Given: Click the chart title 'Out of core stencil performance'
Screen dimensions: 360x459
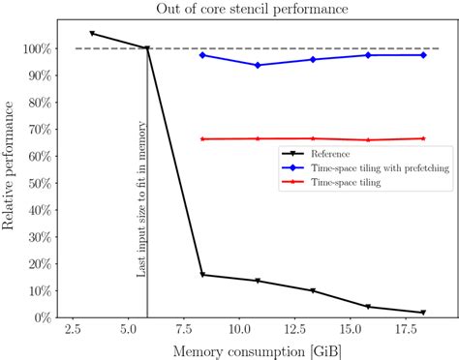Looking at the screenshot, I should (x=254, y=10).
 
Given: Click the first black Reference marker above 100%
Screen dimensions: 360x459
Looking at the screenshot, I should (x=92, y=34).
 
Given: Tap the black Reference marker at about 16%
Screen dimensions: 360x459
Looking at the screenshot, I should (x=202, y=275).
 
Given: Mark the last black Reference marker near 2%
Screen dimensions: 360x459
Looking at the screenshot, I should (x=424, y=313).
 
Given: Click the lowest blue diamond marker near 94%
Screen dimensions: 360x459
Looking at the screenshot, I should (x=258, y=65).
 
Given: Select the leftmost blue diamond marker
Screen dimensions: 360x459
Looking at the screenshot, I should (x=202, y=55).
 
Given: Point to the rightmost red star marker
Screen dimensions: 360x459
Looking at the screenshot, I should (x=424, y=138).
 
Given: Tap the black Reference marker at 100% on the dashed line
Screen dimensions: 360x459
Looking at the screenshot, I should (x=147, y=48).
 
